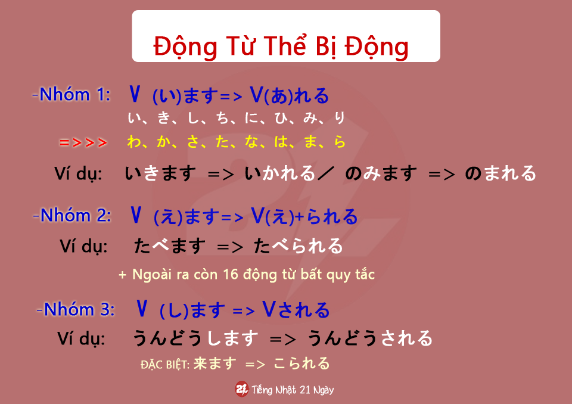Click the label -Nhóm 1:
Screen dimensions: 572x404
pos(71,94)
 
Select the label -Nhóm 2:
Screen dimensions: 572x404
pos(72,215)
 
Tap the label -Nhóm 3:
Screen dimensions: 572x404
pos(76,309)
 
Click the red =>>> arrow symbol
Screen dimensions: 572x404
pos(83,142)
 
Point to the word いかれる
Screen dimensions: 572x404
pos(280,173)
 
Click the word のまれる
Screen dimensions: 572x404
pos(500,173)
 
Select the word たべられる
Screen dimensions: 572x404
pos(299,245)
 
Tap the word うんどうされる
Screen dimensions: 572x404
pos(370,338)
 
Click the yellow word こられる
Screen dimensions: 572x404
pos(301,363)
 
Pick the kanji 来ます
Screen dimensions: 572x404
pos(215,363)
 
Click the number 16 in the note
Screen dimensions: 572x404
pos(230,275)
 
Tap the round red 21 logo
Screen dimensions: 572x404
pos(241,389)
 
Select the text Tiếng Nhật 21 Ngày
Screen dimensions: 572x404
pos(293,390)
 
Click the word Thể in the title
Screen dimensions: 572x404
pos(285,46)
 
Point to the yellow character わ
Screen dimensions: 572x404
pos(134,142)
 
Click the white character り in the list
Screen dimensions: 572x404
pos(339,117)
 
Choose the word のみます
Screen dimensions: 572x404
pos(381,173)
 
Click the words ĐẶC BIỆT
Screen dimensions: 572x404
pos(165,365)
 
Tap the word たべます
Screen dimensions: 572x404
pos(170,245)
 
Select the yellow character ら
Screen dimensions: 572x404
pos(340,142)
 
